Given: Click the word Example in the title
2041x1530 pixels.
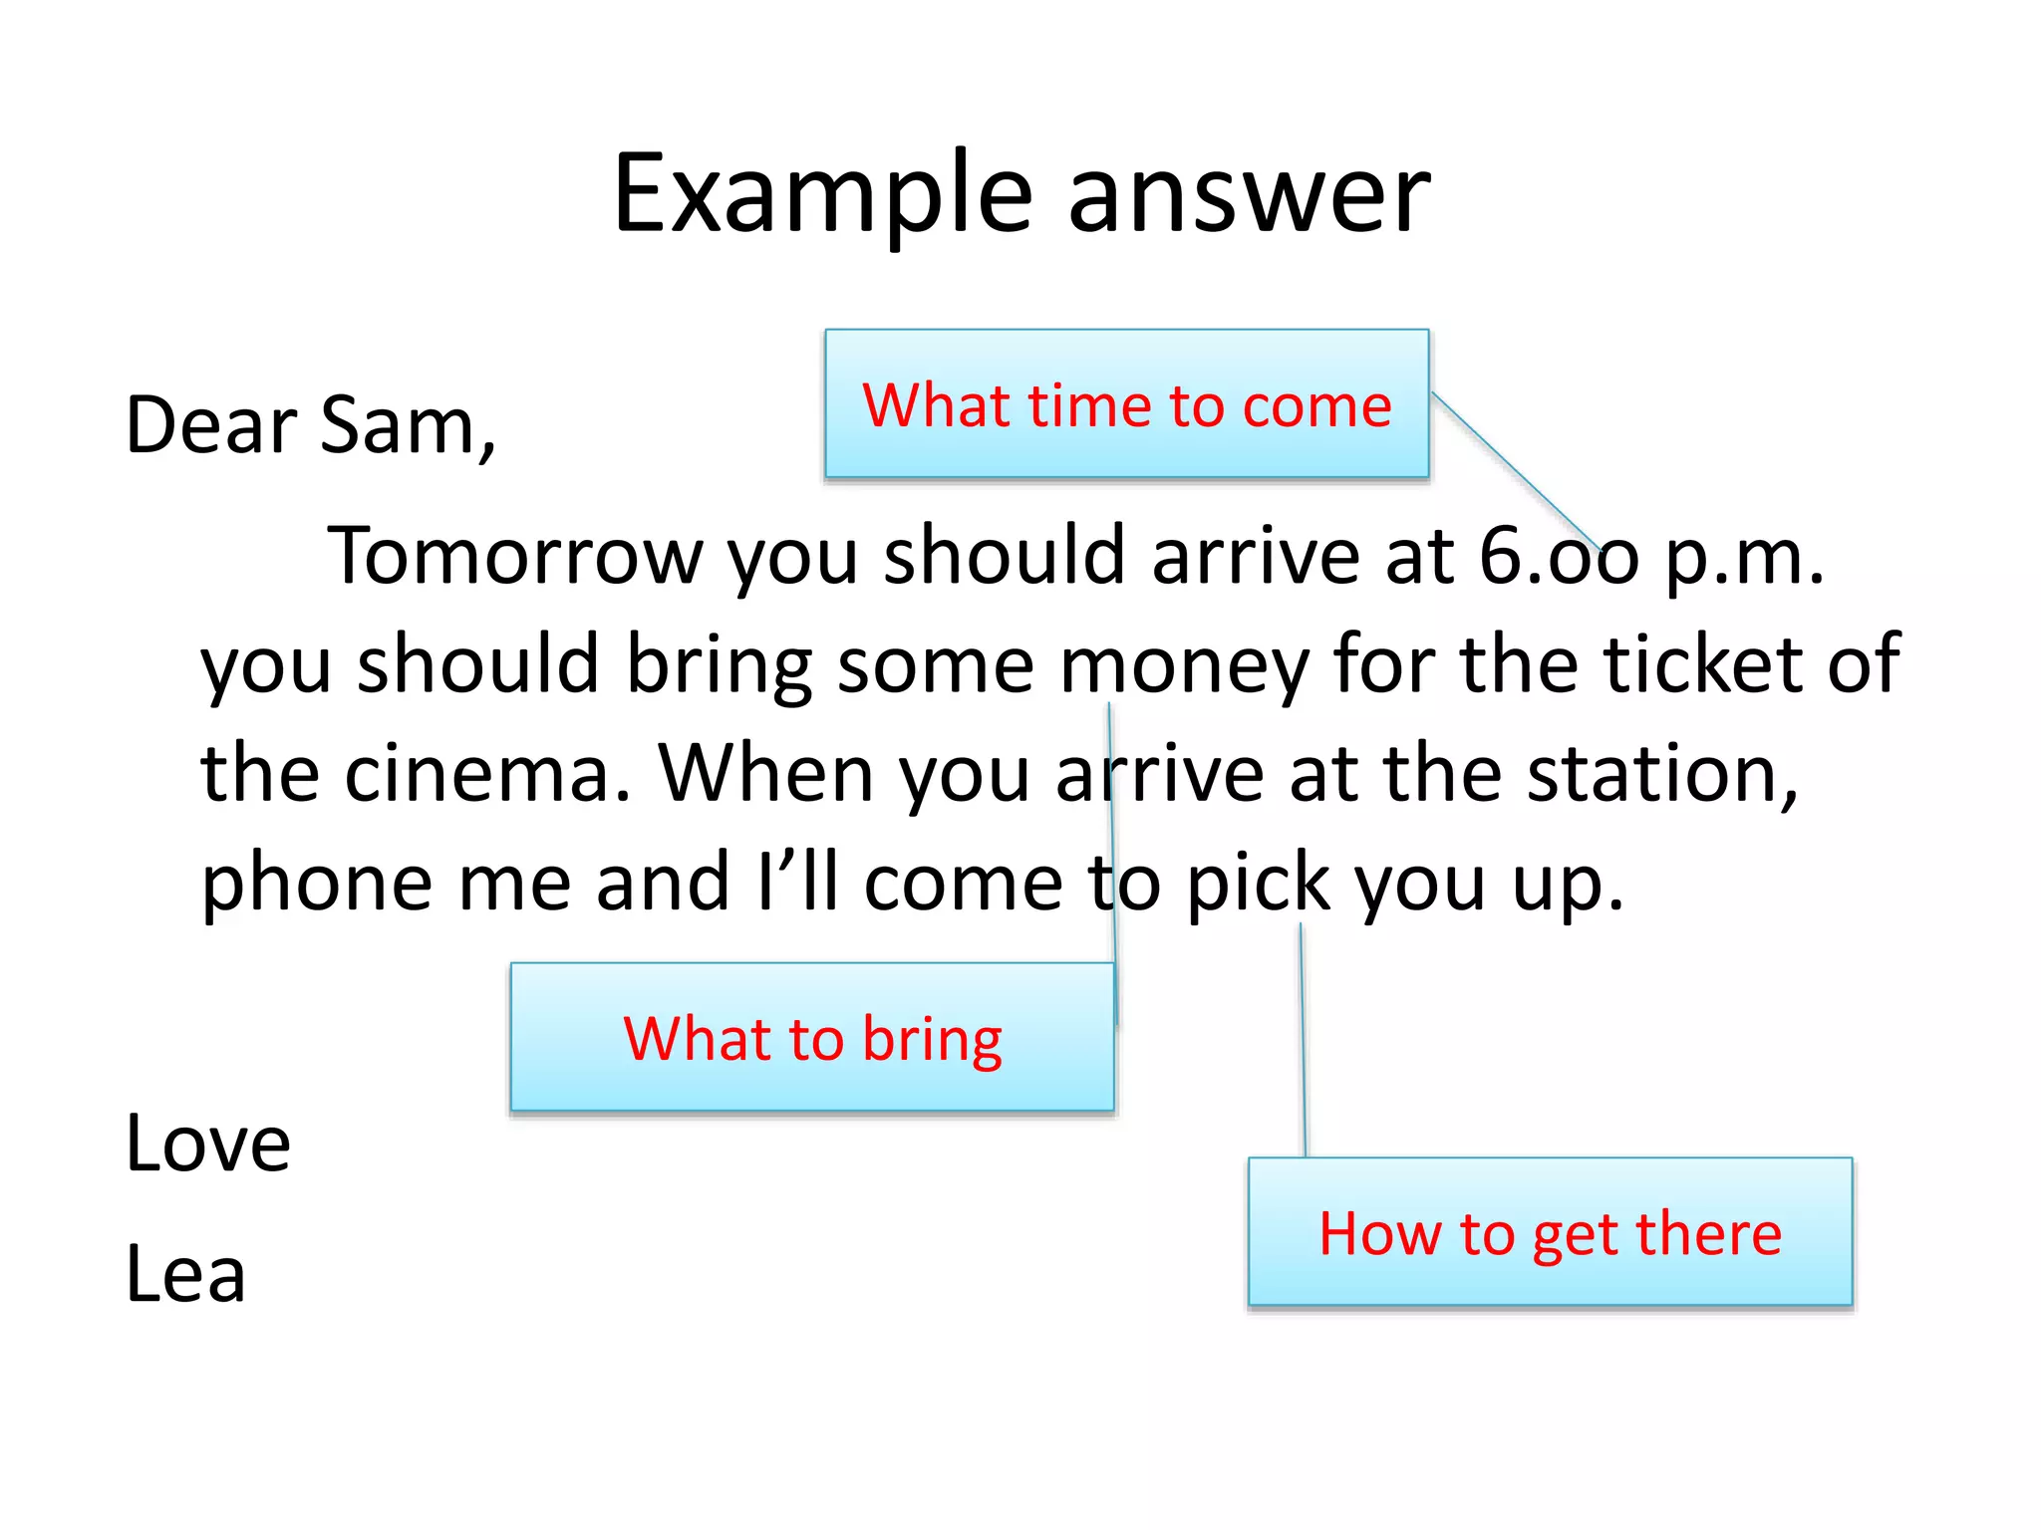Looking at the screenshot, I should (x=822, y=194).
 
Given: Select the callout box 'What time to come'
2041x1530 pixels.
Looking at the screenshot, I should (x=1126, y=404).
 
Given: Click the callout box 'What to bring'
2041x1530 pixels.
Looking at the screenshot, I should (x=811, y=1038).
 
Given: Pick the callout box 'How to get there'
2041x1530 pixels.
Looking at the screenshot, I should (x=1550, y=1232).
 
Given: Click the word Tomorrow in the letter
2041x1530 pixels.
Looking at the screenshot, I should (x=514, y=556).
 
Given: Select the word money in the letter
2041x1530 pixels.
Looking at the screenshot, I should (x=1183, y=665).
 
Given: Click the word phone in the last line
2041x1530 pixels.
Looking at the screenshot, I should (x=316, y=885).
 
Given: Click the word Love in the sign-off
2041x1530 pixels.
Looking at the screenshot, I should (x=207, y=1144).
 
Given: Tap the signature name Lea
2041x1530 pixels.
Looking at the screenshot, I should (x=185, y=1275).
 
